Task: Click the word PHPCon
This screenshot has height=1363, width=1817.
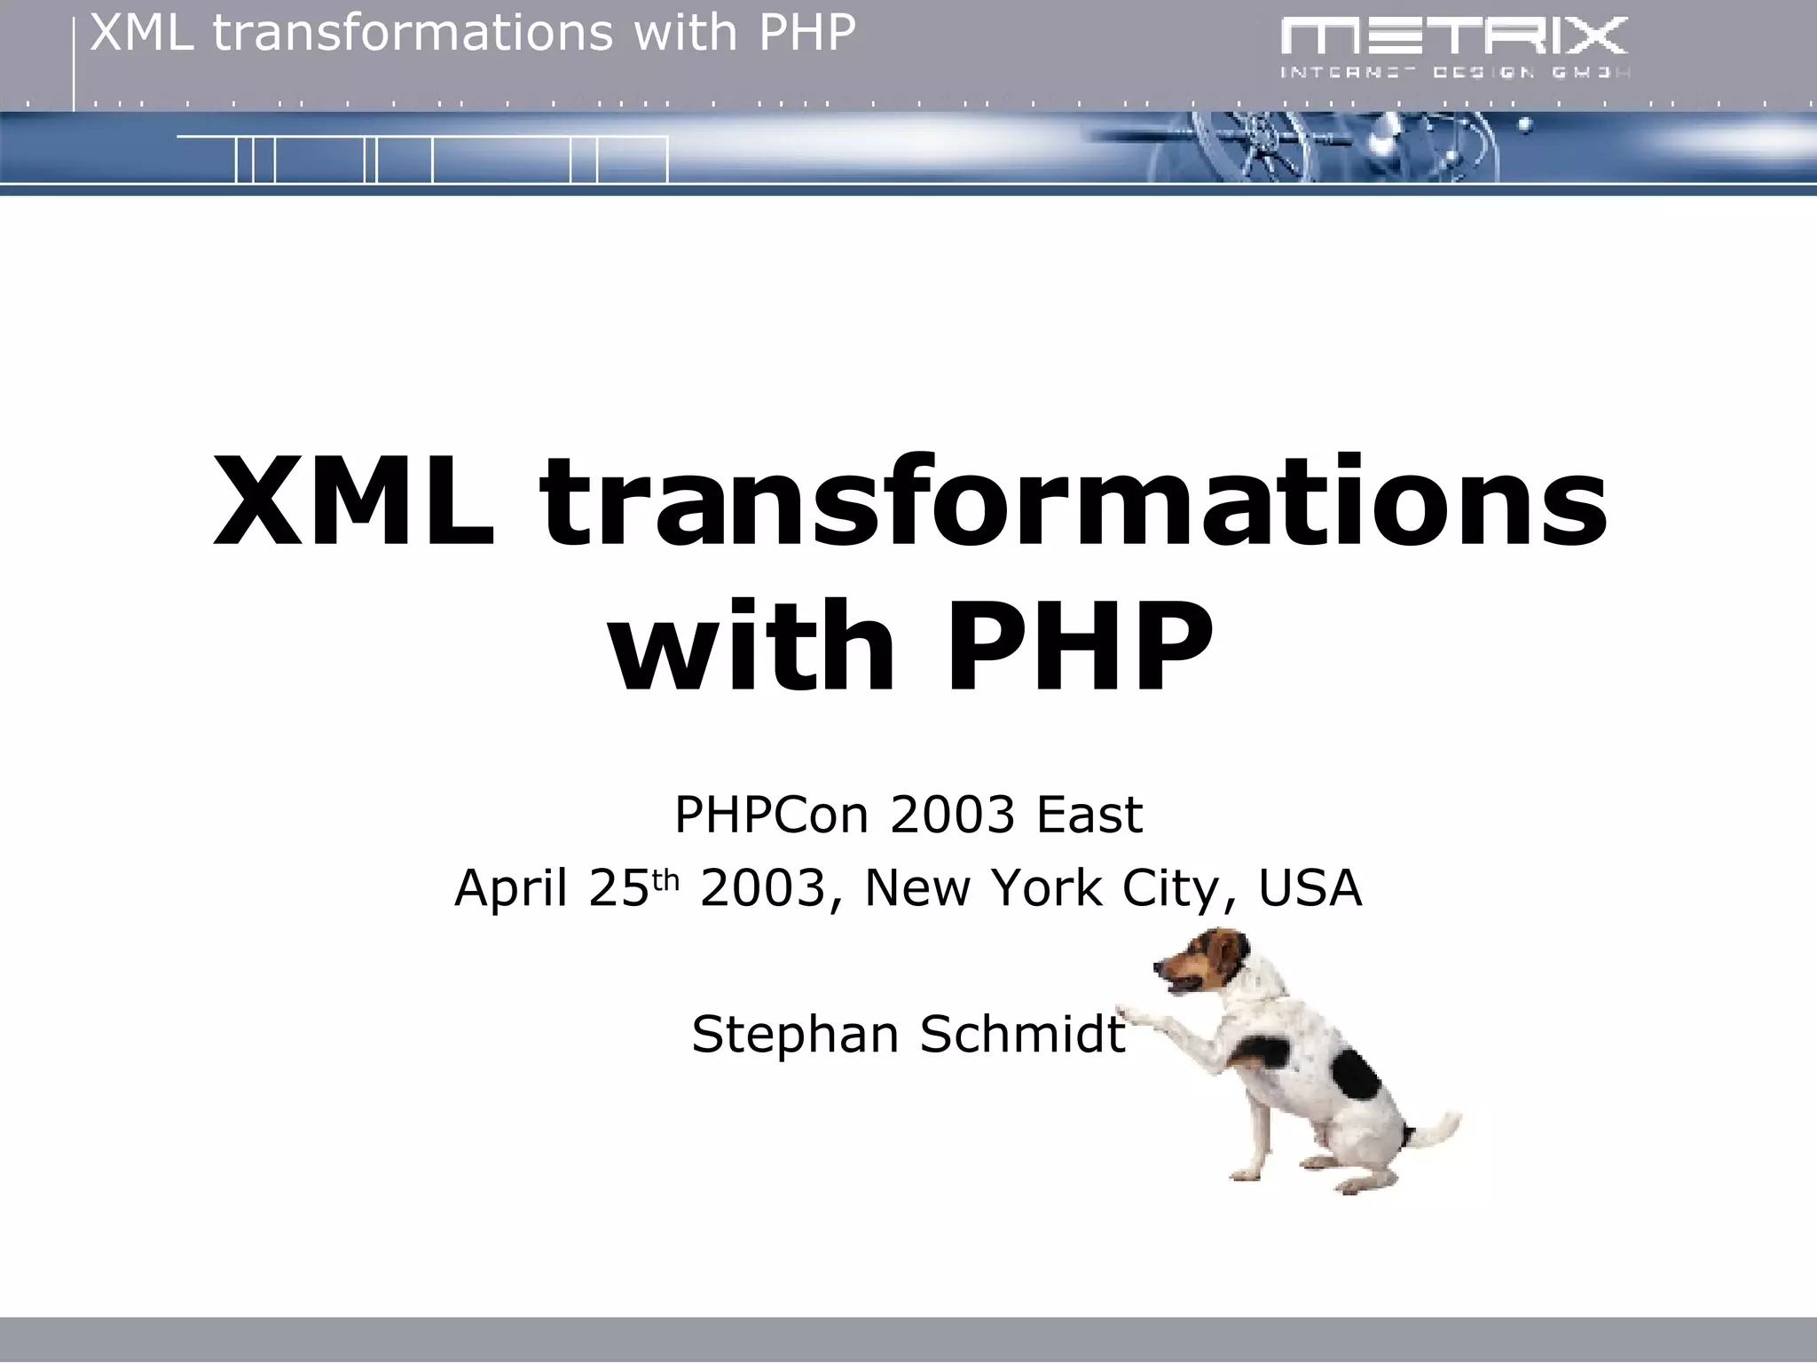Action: (x=771, y=814)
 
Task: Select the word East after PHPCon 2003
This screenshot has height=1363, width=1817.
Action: (x=1089, y=814)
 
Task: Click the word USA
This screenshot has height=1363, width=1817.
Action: (x=1310, y=888)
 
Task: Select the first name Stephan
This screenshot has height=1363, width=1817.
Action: (x=795, y=1035)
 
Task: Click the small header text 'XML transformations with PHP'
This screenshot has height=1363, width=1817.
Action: (x=473, y=34)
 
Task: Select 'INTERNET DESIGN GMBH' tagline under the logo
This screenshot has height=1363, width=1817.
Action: (x=1454, y=73)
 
